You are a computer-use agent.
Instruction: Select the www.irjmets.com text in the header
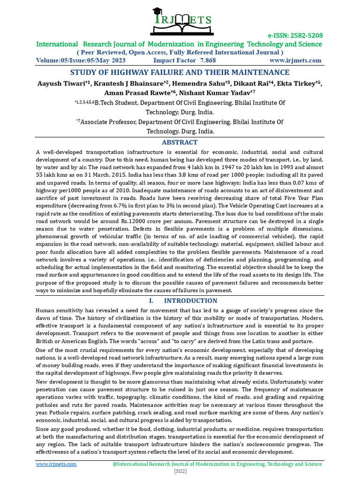click(295, 60)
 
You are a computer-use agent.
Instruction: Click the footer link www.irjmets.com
click(56, 464)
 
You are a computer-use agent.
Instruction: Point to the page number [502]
click(180, 471)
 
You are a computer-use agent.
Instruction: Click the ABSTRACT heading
click(180, 142)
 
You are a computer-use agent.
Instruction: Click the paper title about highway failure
click(180, 72)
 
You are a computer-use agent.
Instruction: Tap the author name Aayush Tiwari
click(58, 84)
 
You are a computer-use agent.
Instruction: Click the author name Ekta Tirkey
click(301, 84)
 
